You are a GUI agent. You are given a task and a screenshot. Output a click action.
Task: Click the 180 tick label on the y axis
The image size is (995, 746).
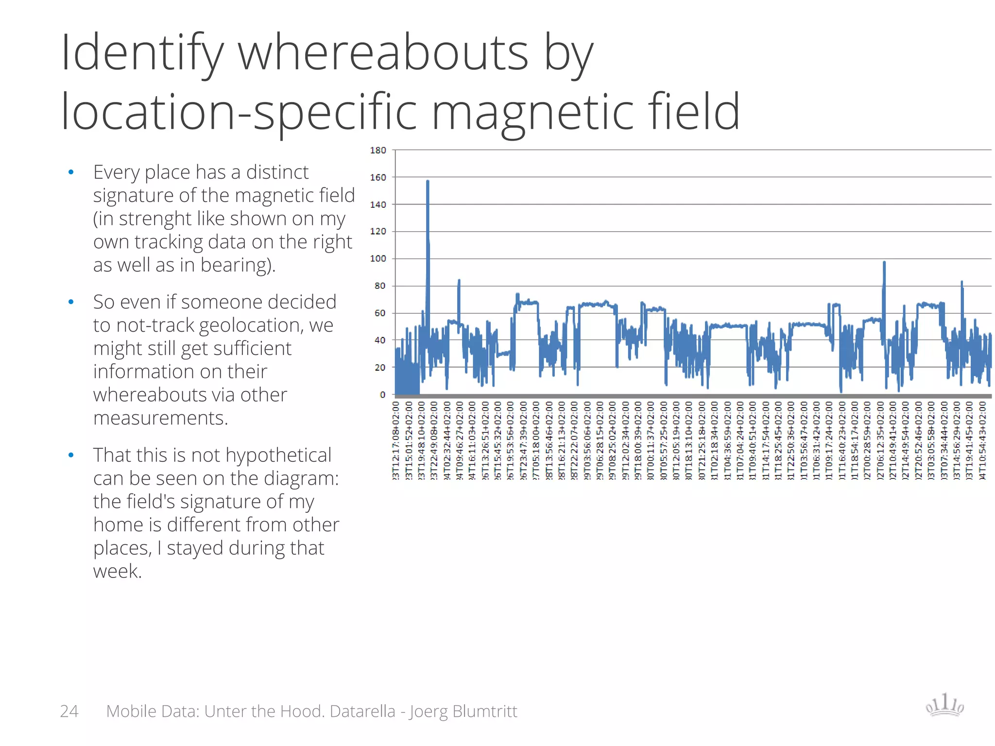(x=378, y=151)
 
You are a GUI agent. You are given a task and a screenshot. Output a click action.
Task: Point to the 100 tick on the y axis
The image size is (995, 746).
(x=378, y=259)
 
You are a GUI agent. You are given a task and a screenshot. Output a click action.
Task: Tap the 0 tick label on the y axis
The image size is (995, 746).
(x=382, y=395)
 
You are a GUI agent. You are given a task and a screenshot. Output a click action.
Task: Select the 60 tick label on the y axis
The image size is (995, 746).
(x=379, y=313)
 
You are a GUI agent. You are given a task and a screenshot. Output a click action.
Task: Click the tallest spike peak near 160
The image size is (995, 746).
(x=428, y=181)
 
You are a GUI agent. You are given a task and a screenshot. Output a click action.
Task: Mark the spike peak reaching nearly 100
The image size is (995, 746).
(x=884, y=263)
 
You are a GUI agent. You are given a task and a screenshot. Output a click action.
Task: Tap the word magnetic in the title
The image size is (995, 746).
(x=532, y=113)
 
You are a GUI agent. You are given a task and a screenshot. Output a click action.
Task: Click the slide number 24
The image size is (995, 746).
(x=69, y=711)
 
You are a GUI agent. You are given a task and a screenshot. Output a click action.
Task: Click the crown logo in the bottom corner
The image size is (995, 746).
(x=944, y=705)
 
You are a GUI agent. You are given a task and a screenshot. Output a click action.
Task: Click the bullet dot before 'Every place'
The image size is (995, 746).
(x=71, y=172)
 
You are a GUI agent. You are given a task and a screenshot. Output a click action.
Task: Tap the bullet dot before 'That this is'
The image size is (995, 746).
(x=71, y=455)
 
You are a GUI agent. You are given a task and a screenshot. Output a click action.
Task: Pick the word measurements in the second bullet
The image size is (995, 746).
(x=160, y=418)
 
